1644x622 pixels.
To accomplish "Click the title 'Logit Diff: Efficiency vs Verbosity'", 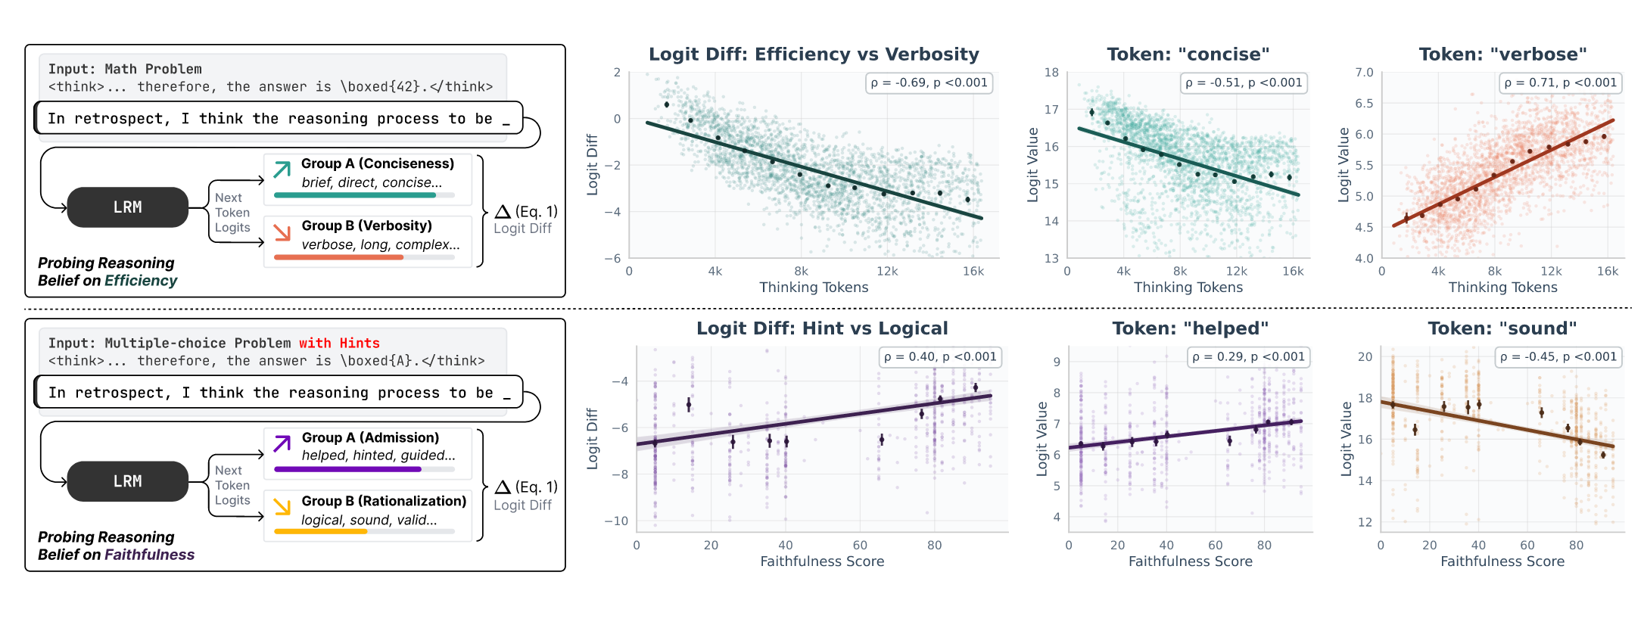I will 814,54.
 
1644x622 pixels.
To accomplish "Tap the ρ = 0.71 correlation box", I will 1561,83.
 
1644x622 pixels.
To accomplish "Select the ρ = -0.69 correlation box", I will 929,83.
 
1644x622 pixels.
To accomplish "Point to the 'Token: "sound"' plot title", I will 1502,328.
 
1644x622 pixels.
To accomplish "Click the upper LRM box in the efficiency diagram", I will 127,207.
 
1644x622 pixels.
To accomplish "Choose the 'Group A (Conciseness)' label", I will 377,163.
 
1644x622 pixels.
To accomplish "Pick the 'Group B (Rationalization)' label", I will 384,501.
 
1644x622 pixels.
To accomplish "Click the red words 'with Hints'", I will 339,344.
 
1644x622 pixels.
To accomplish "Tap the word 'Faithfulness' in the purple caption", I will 149,555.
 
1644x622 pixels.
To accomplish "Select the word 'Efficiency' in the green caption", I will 141,281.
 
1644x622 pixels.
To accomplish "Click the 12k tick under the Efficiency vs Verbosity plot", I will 887,272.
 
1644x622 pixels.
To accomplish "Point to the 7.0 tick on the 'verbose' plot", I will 1364,73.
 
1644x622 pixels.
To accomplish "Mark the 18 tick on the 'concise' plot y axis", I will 1051,73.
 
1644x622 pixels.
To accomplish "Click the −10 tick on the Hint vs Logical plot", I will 615,521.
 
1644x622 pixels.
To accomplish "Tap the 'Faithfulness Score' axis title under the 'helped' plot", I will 1190,561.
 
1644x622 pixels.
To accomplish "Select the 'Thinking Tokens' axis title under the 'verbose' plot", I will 1502,288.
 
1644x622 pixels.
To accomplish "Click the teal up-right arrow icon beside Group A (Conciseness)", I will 282,169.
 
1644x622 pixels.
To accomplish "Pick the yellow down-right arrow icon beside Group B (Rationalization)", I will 282,507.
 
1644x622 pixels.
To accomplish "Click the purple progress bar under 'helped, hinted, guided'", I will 347,469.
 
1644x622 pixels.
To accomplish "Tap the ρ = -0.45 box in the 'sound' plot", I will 1558,357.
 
